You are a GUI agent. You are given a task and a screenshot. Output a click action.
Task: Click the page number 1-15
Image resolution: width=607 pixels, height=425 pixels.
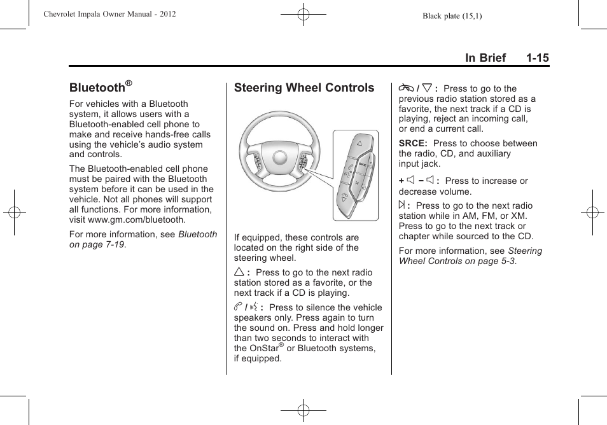[x=537, y=58]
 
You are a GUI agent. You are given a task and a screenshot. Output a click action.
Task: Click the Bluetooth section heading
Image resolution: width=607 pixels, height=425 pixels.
[x=97, y=88]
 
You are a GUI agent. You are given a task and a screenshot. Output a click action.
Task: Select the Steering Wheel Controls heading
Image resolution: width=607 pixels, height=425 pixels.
[x=304, y=88]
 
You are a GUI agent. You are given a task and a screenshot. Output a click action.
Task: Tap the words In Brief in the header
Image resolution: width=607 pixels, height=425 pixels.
[x=485, y=58]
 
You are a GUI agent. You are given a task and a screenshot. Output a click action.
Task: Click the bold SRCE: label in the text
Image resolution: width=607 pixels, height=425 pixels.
[x=413, y=144]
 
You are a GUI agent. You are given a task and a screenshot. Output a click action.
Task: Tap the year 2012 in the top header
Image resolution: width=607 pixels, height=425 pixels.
[x=167, y=14]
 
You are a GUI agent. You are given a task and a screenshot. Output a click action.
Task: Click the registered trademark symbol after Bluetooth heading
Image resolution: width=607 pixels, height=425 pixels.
[x=129, y=83]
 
